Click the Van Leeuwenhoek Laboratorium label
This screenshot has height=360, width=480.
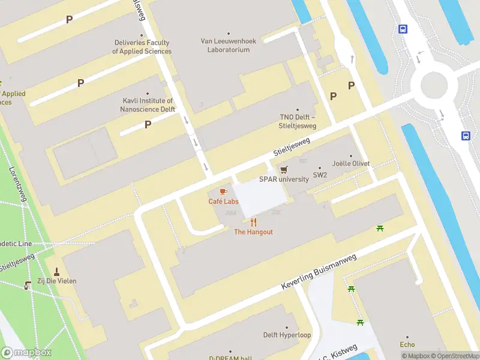[228, 45]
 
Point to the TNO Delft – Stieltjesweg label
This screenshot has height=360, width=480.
[298, 121]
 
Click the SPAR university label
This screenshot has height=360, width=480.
[284, 179]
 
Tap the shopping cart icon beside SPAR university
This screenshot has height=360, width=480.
[284, 169]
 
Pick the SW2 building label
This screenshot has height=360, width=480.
[320, 176]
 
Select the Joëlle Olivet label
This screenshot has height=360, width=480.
[351, 163]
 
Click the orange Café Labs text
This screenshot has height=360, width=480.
[223, 202]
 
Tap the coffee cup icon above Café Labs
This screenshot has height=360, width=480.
[223, 191]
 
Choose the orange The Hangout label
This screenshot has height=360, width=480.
[253, 232]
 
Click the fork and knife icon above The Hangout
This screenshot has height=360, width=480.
[254, 223]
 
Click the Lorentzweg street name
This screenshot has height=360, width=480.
[18, 184]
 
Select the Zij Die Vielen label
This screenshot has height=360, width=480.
[57, 281]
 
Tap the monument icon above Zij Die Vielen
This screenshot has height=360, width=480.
[57, 272]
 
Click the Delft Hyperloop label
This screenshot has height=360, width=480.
[287, 335]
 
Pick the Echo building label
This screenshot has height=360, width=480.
[407, 344]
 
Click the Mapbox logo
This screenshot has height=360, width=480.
[26, 353]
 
